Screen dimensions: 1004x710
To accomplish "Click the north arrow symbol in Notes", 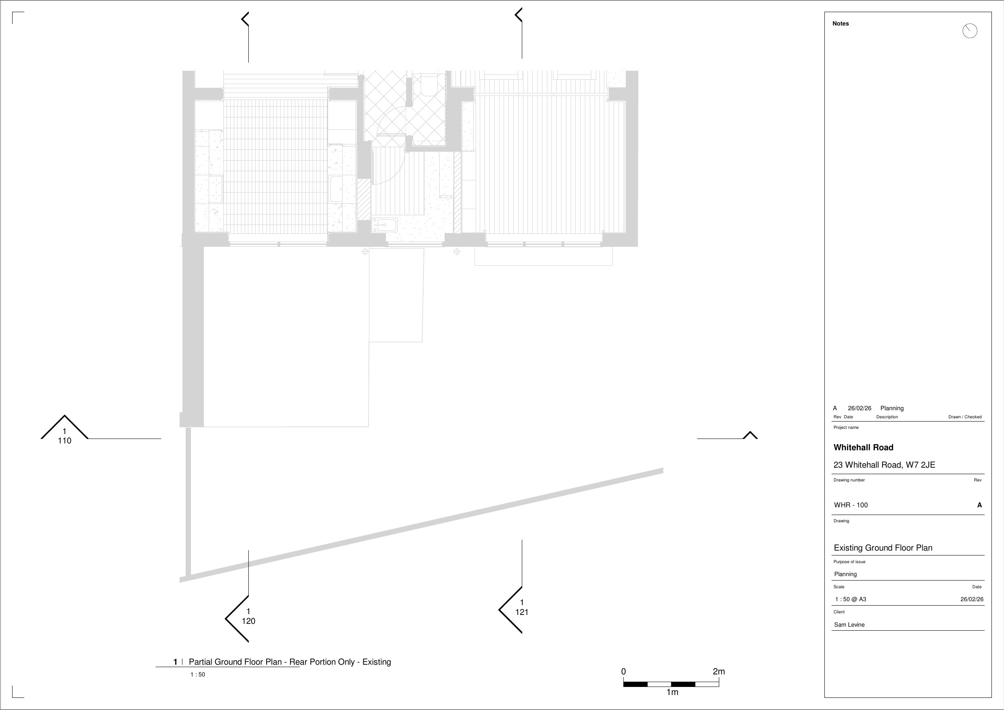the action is [x=970, y=31].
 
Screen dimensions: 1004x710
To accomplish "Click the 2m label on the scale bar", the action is [x=718, y=671].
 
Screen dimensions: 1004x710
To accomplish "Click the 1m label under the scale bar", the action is [x=672, y=692].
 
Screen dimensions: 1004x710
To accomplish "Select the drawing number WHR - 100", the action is [x=851, y=505].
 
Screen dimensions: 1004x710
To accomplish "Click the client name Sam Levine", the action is [x=849, y=625].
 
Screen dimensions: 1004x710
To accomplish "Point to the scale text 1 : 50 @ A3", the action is [x=851, y=599].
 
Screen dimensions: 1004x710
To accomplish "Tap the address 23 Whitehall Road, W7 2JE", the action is [x=884, y=465].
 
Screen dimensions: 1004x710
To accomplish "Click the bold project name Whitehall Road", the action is [x=863, y=447].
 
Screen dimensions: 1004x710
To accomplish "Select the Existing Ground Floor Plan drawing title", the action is [x=883, y=548].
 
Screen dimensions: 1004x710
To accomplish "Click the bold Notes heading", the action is [x=841, y=23].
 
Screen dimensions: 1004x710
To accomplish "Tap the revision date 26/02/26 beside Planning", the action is [x=859, y=408].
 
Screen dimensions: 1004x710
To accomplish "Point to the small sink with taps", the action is [x=384, y=225].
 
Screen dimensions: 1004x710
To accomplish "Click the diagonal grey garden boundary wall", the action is [x=422, y=525].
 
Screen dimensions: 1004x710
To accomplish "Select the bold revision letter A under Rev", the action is [x=979, y=505].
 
